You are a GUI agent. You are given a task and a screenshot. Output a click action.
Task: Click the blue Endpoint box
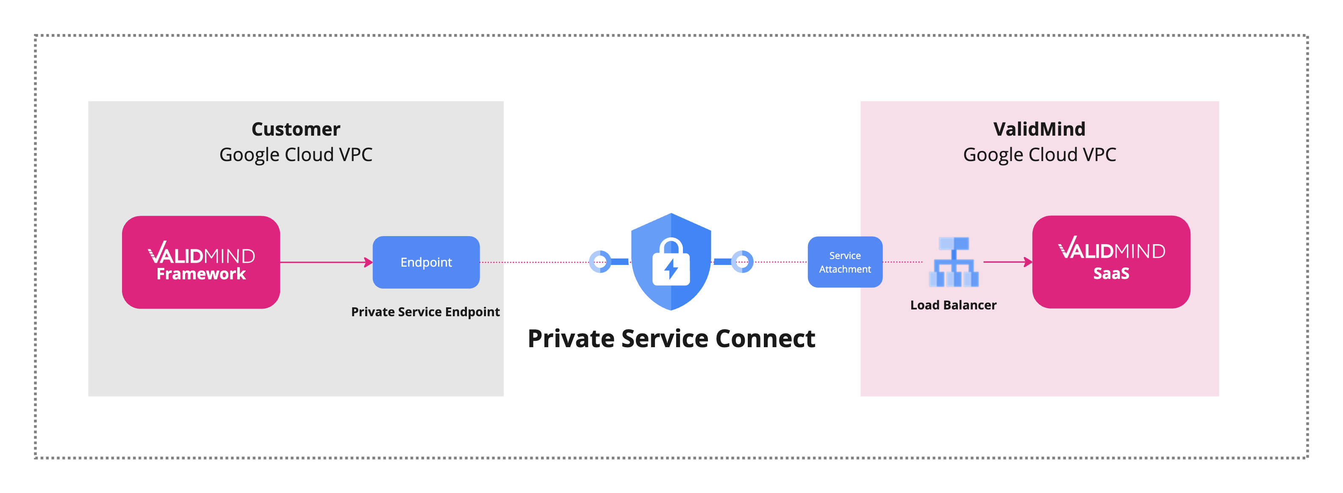(x=426, y=262)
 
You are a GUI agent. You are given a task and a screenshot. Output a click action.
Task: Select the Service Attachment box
(x=845, y=262)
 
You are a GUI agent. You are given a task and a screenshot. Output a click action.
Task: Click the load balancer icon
(x=954, y=262)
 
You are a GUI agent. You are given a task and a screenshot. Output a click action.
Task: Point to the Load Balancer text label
(x=953, y=305)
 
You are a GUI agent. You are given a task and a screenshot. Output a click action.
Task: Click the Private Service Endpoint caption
(x=425, y=312)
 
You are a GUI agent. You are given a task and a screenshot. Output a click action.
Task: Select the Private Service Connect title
(x=671, y=339)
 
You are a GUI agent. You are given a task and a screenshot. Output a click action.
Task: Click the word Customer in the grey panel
(x=296, y=129)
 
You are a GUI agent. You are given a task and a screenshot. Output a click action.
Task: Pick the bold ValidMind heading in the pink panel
(x=1039, y=129)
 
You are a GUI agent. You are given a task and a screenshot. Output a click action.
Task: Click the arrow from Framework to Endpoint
(x=326, y=262)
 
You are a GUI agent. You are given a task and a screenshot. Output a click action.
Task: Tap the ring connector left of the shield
(x=600, y=262)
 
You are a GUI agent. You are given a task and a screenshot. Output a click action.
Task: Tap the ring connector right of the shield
(x=742, y=262)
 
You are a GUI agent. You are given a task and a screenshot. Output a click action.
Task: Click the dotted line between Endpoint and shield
(x=534, y=262)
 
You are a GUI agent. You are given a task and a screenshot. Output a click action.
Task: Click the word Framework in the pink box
(x=201, y=274)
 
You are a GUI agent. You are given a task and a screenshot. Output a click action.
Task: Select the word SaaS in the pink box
(x=1111, y=273)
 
